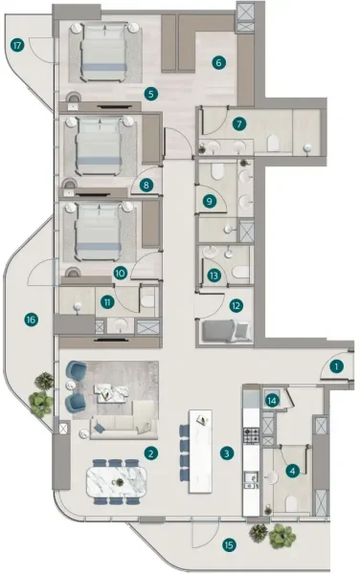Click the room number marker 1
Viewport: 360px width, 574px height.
(x=337, y=364)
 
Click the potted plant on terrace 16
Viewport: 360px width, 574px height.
(x=41, y=395)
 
